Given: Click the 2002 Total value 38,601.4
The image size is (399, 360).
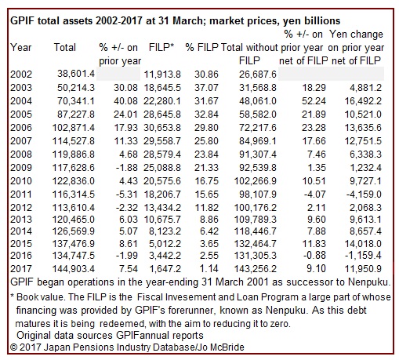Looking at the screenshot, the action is [76, 74].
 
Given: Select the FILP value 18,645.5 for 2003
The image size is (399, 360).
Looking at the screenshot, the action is [162, 88].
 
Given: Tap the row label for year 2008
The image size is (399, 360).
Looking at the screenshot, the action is [21, 154].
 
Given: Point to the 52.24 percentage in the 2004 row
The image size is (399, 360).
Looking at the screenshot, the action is [314, 101].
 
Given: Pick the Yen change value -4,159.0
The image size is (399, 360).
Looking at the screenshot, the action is [364, 195].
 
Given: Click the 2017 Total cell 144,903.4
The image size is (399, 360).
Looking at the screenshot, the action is [74, 268].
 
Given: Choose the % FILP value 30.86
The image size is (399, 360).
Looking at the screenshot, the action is [206, 75].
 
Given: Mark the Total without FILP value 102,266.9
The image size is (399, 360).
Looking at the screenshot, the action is [256, 181].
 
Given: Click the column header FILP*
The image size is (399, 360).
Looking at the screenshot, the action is [161, 47].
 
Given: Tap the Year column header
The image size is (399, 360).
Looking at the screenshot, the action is [21, 47].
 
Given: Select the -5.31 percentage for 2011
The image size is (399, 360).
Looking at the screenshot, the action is [127, 195].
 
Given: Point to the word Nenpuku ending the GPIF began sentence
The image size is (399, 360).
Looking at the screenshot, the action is [368, 282].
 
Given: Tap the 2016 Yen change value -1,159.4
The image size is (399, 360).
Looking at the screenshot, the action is [364, 255].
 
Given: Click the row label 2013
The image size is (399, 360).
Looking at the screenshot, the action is [21, 219].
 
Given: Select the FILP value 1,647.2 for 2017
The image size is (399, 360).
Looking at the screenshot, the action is [165, 268].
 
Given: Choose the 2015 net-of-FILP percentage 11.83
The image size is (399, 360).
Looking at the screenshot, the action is [314, 244].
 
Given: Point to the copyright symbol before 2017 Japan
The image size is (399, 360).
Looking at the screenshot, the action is [13, 347].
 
